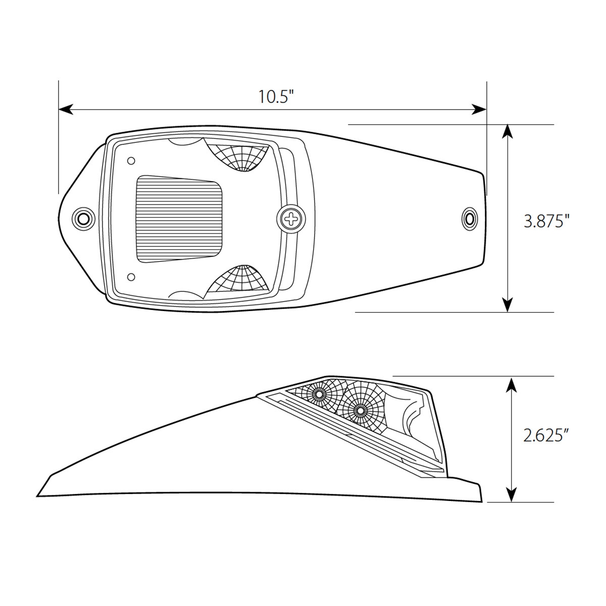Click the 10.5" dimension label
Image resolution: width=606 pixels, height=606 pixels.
tap(276, 96)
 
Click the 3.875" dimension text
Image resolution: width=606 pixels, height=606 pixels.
tap(546, 221)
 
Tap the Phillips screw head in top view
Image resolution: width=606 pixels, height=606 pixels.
tap(291, 219)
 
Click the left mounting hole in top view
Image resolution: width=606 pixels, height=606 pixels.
tap(83, 219)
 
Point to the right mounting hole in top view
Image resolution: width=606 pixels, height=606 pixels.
tap(470, 219)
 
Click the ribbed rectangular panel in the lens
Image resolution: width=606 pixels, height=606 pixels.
tap(180, 220)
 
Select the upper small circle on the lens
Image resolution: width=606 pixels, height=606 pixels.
tap(131, 161)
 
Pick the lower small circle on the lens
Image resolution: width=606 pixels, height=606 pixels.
tap(131, 277)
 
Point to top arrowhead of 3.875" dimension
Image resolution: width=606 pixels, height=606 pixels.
tap(508, 131)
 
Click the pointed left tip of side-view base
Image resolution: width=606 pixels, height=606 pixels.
tap(38, 495)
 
